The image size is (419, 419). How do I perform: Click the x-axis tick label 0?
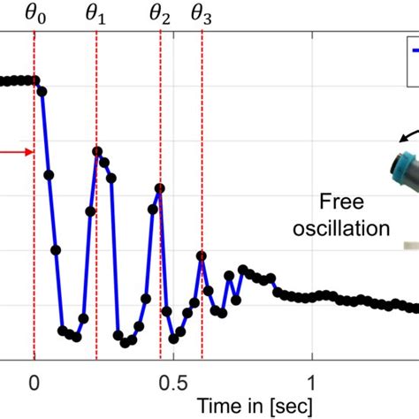coord(34,381)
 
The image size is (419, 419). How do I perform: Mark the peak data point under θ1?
coord(97,152)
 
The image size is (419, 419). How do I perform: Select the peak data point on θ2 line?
coord(160,188)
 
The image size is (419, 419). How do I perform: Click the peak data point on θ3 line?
coord(202,255)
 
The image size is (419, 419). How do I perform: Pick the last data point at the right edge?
coord(415,308)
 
